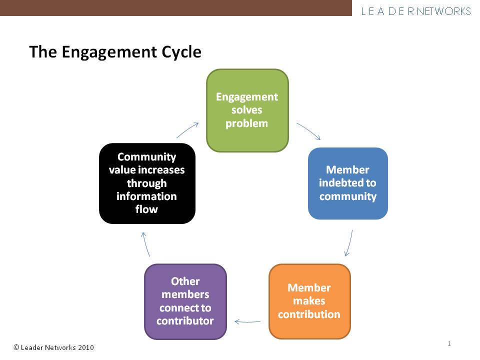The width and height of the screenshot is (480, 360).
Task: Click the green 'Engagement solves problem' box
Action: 247,110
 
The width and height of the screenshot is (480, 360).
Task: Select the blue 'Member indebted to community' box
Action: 347,183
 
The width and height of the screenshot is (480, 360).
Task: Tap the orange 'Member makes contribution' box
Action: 309,301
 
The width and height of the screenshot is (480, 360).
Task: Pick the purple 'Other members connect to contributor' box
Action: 185,301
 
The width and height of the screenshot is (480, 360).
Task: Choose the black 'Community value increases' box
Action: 147,183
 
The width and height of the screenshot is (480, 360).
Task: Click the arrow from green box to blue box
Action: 308,131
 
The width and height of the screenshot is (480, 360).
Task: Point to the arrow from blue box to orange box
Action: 349,242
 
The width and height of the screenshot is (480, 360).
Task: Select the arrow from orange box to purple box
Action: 247,321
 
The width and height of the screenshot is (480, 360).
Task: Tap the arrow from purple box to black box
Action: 145,244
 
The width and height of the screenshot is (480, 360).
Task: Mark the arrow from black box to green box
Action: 187,129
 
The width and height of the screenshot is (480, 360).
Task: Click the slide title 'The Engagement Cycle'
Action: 115,52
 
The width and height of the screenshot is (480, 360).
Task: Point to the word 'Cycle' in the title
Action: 180,52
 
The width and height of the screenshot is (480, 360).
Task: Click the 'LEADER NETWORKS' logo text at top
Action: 416,11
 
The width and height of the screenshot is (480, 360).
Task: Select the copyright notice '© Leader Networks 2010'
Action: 53,347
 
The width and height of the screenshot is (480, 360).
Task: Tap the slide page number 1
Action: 449,343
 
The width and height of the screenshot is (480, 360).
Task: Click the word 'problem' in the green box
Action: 247,123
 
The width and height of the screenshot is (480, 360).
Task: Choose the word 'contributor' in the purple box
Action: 185,320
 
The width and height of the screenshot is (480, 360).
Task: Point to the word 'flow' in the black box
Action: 146,209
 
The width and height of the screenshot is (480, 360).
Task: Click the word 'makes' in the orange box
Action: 309,301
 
